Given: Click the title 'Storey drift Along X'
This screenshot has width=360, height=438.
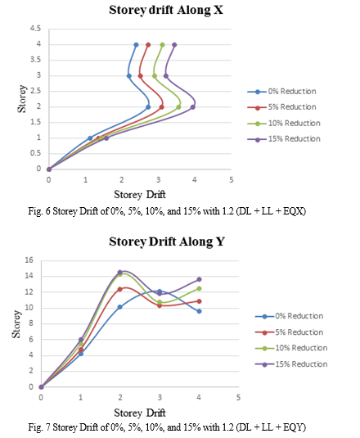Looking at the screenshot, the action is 166,11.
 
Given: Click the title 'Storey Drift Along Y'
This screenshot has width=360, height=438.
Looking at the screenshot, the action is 167,242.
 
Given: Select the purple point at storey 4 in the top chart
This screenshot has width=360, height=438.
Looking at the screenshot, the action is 174,45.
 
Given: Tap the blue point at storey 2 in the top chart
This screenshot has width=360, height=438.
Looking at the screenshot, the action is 148,107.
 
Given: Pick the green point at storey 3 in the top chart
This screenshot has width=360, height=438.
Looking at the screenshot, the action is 155,76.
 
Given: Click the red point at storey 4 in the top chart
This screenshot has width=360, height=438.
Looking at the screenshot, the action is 148,45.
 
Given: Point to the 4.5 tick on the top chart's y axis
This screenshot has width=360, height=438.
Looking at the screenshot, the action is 35,29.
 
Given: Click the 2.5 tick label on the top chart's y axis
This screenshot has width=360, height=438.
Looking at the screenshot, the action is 35,91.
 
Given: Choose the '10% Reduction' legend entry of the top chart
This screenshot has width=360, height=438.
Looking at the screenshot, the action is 284,123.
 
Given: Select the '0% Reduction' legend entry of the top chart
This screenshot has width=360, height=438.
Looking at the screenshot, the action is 281,92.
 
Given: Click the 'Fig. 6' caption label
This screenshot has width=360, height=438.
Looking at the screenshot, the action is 39,211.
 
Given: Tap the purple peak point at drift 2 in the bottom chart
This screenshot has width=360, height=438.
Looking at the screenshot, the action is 120,272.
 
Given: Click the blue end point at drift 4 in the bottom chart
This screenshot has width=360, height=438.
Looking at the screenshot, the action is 199,311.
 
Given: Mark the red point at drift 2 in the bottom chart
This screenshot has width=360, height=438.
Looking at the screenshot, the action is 120,289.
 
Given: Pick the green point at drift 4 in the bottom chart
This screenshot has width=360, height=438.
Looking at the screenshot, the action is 199,288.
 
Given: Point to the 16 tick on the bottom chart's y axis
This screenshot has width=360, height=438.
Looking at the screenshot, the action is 29,260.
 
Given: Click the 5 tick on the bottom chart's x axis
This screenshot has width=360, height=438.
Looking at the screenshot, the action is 238,398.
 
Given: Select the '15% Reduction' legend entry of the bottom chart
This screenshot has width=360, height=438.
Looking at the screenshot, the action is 291,364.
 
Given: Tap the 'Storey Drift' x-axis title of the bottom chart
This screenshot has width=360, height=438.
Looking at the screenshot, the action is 140,413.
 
